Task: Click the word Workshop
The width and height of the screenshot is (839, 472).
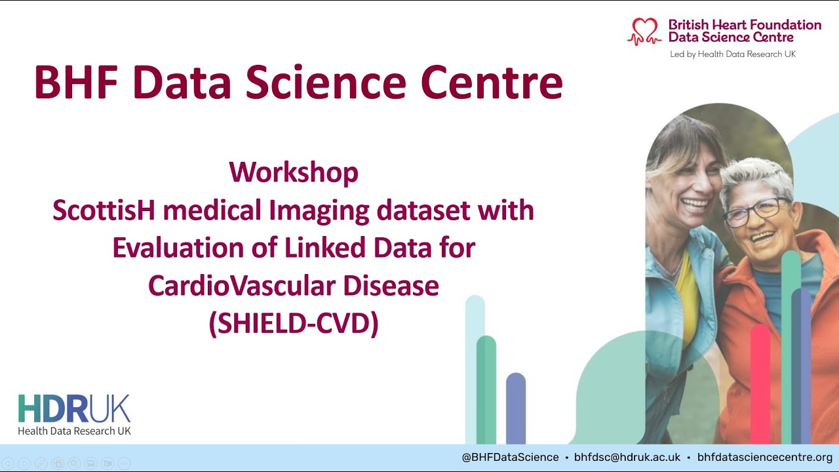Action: (x=294, y=172)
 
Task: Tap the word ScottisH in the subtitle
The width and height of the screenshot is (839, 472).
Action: (x=104, y=210)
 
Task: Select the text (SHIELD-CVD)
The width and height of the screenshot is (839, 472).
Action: (x=294, y=323)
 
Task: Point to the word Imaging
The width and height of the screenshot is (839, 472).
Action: (x=319, y=211)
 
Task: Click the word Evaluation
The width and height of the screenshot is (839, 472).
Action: (x=178, y=248)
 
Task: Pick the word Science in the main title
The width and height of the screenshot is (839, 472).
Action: (x=326, y=82)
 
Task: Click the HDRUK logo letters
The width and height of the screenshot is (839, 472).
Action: (x=74, y=408)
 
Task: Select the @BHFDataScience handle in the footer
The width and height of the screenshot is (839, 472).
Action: (x=510, y=458)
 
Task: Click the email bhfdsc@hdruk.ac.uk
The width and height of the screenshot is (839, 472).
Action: (x=627, y=458)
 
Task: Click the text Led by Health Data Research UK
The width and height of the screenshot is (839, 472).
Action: (x=733, y=54)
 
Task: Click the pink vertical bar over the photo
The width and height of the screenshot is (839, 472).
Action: (x=761, y=384)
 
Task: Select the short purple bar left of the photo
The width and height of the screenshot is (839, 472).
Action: (x=516, y=408)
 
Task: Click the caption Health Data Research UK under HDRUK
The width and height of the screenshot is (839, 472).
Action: (x=75, y=431)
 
